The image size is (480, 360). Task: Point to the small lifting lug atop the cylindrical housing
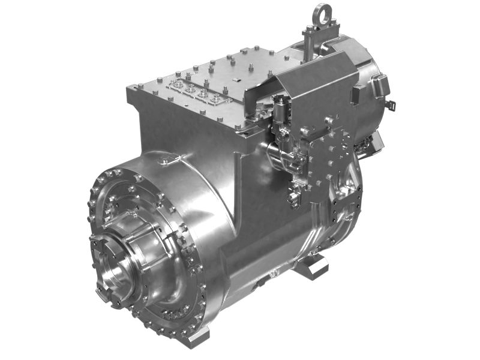[170, 159]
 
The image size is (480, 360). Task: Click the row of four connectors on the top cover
[197, 90]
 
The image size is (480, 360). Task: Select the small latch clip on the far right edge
[391, 108]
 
